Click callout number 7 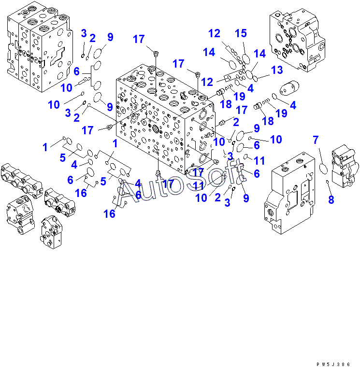pyautogui.click(x=316, y=141)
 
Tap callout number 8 pyautogui.click(x=331, y=199)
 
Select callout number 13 pyautogui.click(x=276, y=71)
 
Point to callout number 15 pyautogui.click(x=241, y=33)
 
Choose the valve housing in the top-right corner pyautogui.click(x=298, y=41)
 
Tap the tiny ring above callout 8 pyautogui.click(x=328, y=182)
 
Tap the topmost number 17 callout pyautogui.click(x=139, y=39)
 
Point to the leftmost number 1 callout pyautogui.click(x=45, y=147)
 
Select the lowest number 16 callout pyautogui.click(x=110, y=213)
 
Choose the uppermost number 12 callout pyautogui.click(x=214, y=33)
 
